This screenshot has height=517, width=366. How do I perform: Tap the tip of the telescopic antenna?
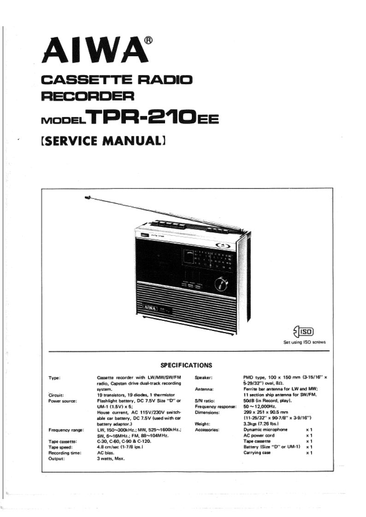tap(88, 198)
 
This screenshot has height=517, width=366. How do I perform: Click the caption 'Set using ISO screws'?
tap(304, 342)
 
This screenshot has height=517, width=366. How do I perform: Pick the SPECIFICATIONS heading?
tap(186, 366)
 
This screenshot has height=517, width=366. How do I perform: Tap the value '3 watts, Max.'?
tap(111, 459)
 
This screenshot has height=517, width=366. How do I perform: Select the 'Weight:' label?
tap(203, 424)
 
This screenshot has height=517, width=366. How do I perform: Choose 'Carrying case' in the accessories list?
tap(257, 453)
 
